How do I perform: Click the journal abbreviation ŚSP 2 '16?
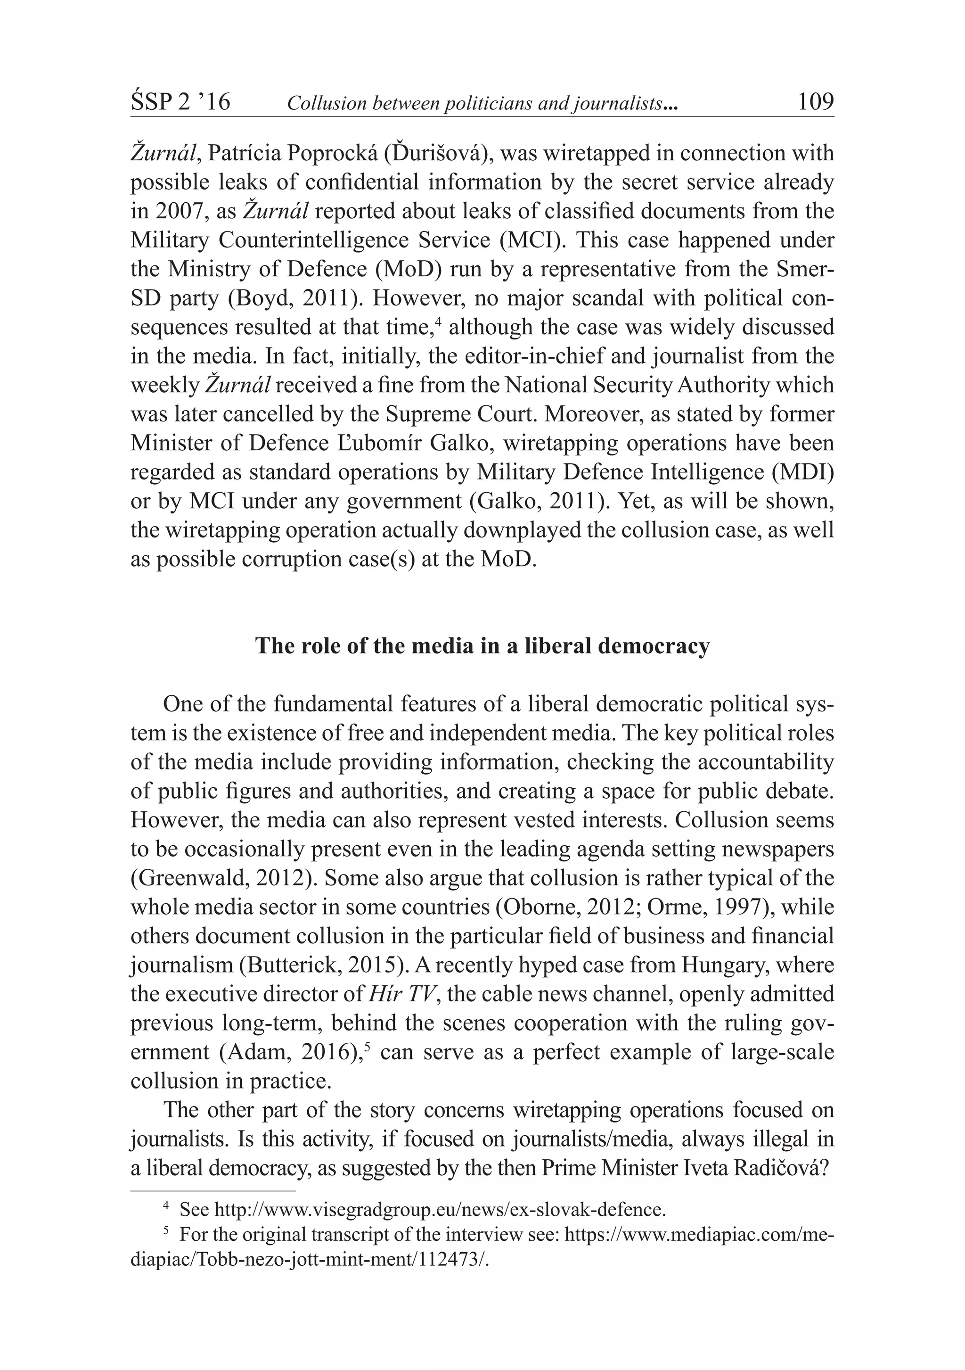coord(180,103)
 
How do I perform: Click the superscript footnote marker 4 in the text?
coord(438,322)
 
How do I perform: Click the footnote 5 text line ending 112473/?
coord(314,1260)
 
